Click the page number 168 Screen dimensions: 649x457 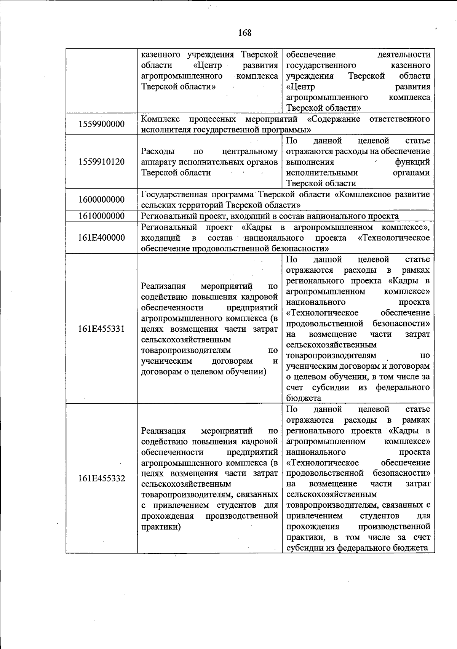(245, 33)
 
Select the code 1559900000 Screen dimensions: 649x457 (101, 124)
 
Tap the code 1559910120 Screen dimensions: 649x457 (101, 162)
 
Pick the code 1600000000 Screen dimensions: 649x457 (101, 200)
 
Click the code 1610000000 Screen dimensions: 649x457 (101, 216)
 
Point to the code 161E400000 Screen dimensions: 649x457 (101, 238)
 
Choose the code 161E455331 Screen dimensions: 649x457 (101, 329)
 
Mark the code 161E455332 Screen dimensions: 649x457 (101, 478)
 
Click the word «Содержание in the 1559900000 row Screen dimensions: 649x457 (334, 119)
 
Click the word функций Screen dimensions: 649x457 (413, 162)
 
